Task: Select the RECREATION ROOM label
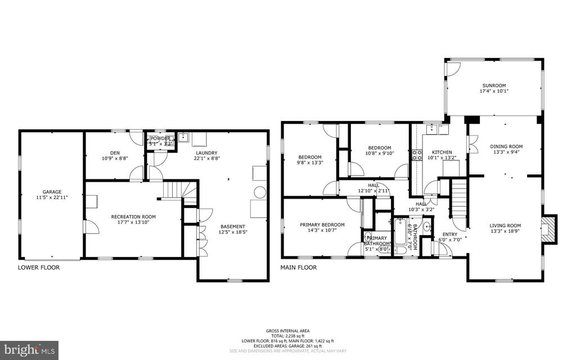point(133,217)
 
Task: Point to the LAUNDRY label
point(207,152)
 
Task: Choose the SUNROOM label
point(494,85)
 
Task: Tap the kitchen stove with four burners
point(417,155)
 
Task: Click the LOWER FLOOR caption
point(39,268)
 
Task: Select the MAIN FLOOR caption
point(299,268)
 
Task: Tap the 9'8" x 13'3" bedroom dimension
point(310,163)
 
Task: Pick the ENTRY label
point(450,234)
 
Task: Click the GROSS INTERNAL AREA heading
point(288,331)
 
